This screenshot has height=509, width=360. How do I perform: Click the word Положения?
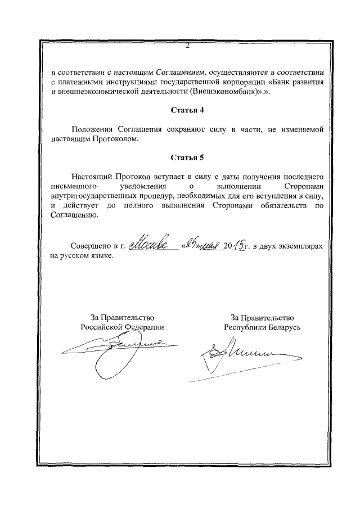92,129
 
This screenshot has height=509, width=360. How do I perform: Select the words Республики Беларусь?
262,326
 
